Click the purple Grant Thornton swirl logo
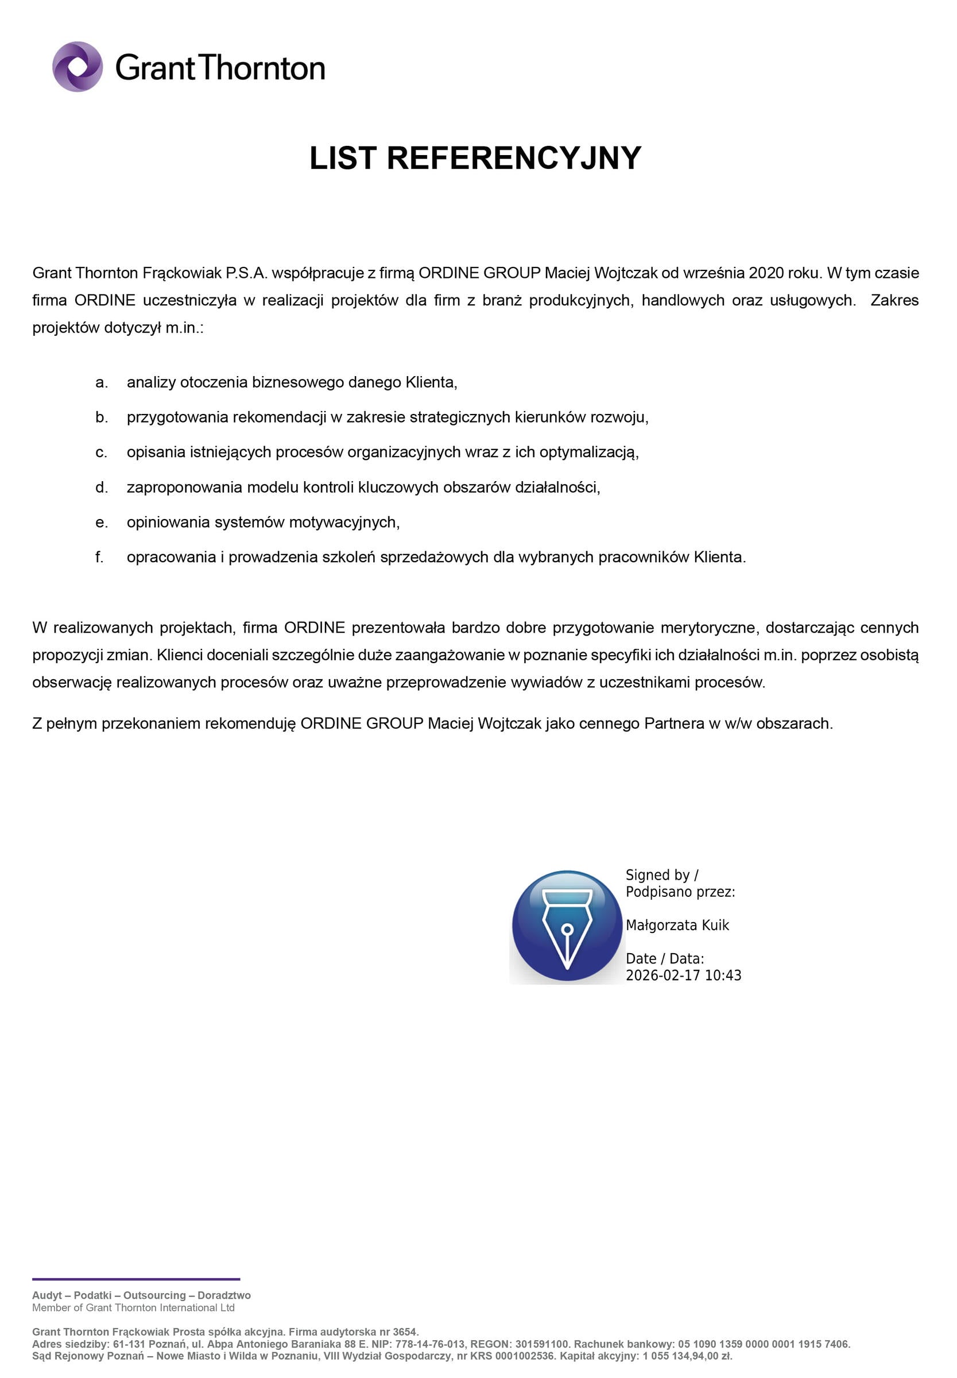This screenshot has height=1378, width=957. (x=78, y=67)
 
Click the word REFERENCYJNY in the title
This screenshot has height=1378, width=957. (x=514, y=158)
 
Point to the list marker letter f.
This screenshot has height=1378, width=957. (x=99, y=558)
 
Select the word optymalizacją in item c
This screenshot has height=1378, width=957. (x=588, y=452)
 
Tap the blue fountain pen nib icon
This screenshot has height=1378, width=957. (x=567, y=927)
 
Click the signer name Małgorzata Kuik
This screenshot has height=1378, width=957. (x=677, y=925)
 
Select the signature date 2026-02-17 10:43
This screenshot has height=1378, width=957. (x=683, y=976)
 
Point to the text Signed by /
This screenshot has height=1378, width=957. (x=661, y=875)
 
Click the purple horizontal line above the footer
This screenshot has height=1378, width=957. (x=136, y=1280)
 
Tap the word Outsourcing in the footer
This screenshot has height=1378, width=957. (x=154, y=1295)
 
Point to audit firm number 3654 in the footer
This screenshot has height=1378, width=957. (x=405, y=1332)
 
